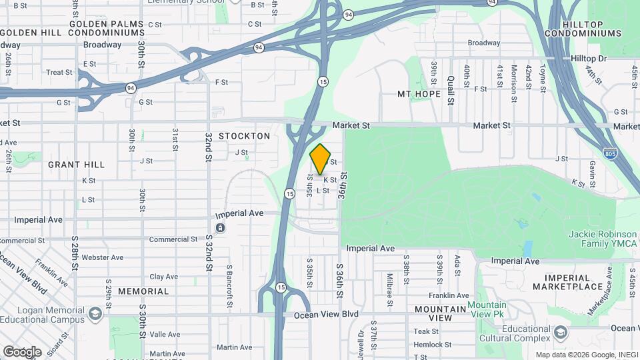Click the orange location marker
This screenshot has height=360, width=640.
coord(321,159)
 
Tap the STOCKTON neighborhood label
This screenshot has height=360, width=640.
coord(244,136)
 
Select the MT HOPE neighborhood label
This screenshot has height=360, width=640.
coord(419,94)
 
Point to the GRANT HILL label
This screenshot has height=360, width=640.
coord(76,165)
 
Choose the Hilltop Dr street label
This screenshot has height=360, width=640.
coord(589,59)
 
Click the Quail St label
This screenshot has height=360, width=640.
coord(451,89)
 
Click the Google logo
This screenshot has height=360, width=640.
coord(21,351)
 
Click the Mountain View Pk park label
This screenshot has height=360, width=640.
coord(487,309)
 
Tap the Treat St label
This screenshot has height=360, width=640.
coord(59,72)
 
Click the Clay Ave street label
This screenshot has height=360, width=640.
coord(164,277)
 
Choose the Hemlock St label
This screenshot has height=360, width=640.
coord(432,345)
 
